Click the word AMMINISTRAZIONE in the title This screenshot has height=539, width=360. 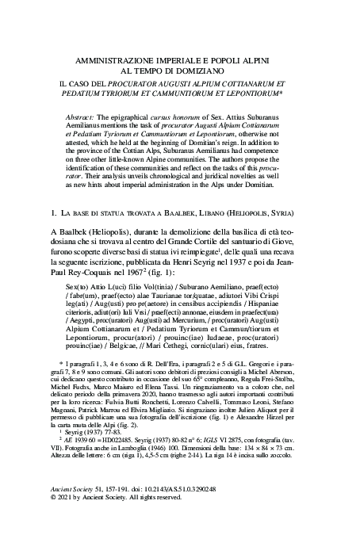(121, 60)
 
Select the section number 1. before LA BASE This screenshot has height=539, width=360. (53, 191)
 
